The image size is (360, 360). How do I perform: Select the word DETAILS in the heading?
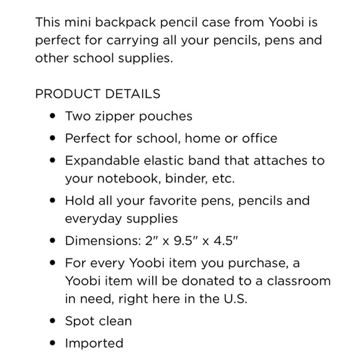(132, 94)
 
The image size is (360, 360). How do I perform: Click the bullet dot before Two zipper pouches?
(52, 116)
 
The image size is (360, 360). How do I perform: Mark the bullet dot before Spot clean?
(52, 321)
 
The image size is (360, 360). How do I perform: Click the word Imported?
(94, 343)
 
